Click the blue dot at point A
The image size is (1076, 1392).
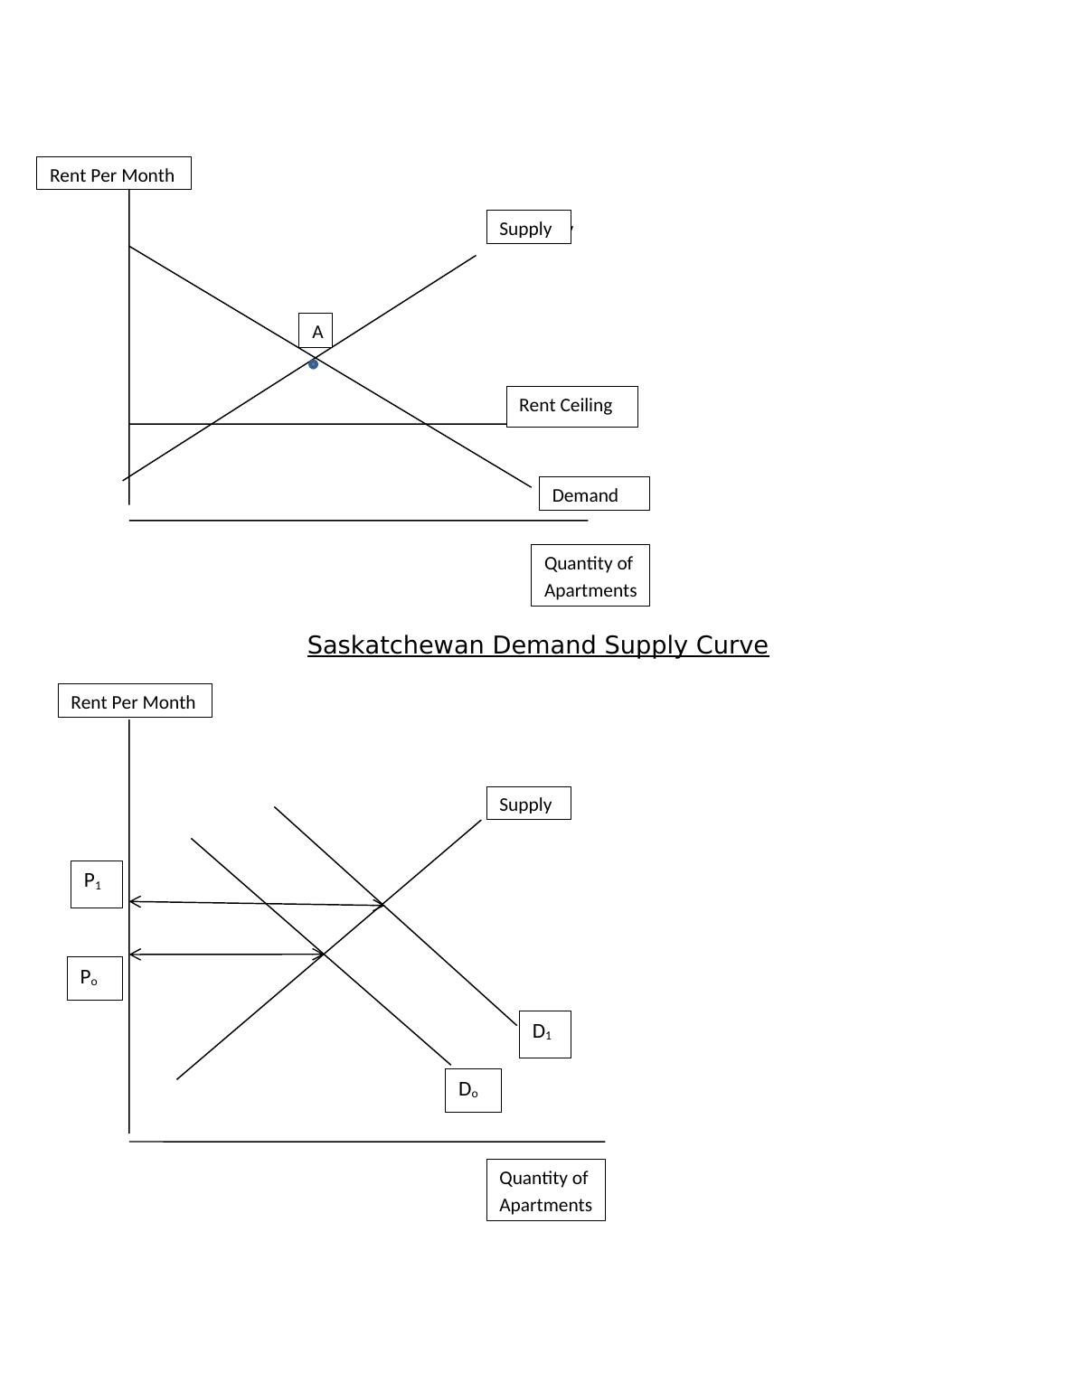313,364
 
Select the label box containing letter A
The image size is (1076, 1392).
316,331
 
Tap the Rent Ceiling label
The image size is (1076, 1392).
571,406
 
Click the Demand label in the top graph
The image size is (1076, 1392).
593,494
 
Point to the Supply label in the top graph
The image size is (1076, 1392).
528,228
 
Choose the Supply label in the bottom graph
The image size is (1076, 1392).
528,804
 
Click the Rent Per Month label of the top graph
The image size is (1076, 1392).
113,174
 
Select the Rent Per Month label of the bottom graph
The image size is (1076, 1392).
135,701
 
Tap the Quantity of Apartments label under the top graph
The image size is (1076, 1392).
590,576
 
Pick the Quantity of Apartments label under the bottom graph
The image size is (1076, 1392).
545,1190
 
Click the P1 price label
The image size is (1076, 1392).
96,883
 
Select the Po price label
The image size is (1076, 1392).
94,978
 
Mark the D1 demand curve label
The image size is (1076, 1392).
544,1033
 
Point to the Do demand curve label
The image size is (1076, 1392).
472,1090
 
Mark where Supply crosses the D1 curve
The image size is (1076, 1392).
382,904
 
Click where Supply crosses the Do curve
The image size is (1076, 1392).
324,955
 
